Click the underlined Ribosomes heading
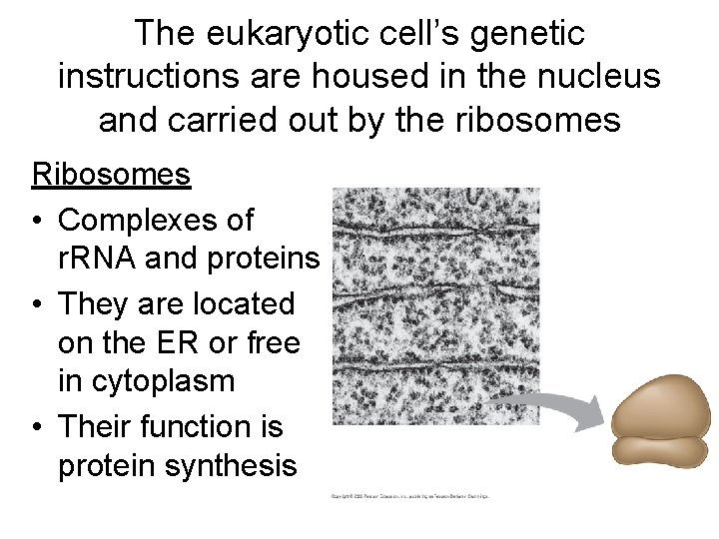pos(111,175)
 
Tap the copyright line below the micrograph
pos(409,496)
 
